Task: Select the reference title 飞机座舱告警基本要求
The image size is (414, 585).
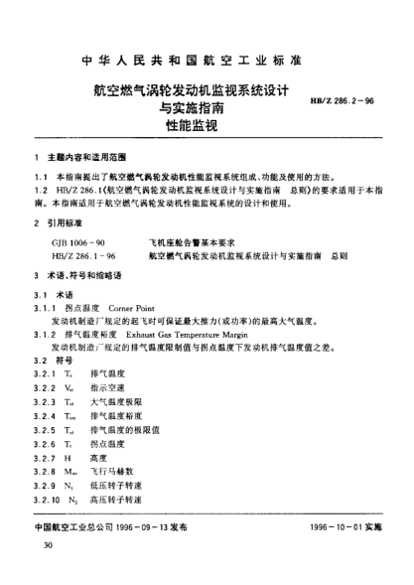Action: pyautogui.click(x=194, y=243)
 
